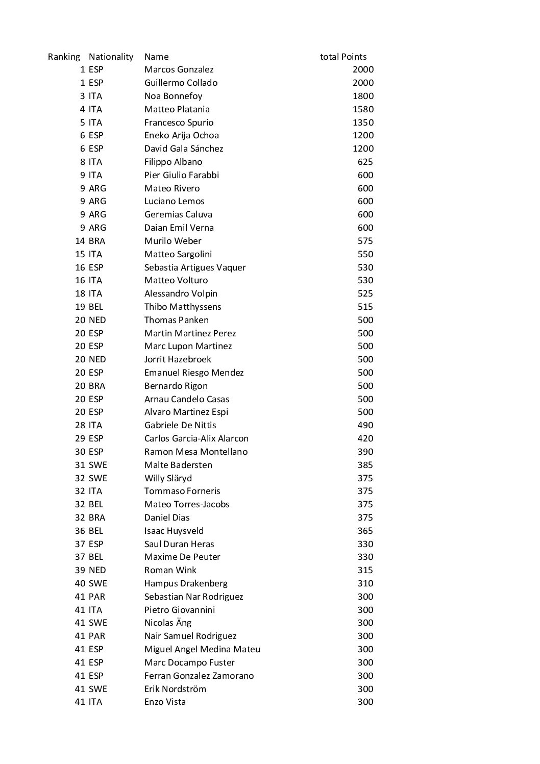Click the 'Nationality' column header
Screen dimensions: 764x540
point(111,57)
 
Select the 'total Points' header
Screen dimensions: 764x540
point(343,57)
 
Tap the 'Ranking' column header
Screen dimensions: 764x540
point(64,57)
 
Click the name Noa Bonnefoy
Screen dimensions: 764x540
point(173,96)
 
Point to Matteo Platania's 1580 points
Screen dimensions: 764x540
point(363,109)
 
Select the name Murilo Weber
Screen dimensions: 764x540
point(173,241)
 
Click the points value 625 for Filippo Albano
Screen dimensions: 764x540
point(365,162)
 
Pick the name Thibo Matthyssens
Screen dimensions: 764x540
point(182,307)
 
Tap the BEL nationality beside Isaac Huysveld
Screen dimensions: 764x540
point(95,531)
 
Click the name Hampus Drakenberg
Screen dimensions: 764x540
point(186,583)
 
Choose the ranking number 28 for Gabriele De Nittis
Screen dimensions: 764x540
point(80,425)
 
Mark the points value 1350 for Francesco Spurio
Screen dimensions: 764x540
point(363,122)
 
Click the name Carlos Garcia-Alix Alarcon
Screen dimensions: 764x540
point(196,438)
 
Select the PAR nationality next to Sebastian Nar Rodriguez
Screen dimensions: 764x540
point(96,597)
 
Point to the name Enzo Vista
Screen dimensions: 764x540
point(165,702)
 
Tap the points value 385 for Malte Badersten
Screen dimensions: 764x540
point(365,465)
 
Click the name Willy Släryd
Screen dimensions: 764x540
point(168,478)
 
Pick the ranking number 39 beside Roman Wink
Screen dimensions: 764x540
point(80,570)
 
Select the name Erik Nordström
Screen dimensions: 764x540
point(175,689)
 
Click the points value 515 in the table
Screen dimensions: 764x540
point(365,307)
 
